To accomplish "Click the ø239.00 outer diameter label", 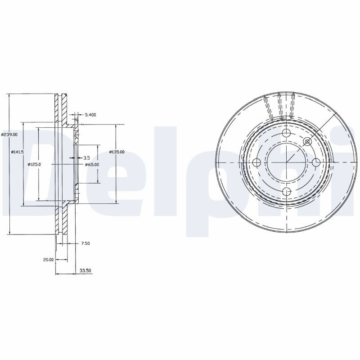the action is (9, 135).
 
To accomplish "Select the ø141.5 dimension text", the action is (18, 152).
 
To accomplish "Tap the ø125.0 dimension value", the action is (34, 164).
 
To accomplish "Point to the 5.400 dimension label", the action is (90, 115).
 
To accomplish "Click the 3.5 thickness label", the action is (86, 158).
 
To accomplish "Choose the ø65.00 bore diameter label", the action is (92, 164).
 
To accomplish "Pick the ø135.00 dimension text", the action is (117, 152).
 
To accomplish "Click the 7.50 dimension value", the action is (85, 243).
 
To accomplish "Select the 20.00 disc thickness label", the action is (48, 260).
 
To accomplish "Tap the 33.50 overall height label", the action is (85, 271).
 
